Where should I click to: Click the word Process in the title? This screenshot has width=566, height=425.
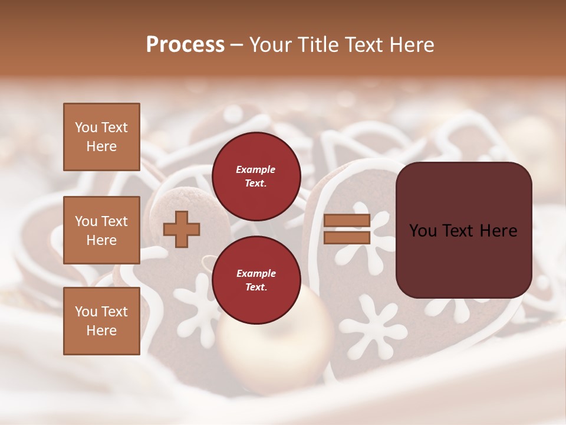pyautogui.click(x=185, y=45)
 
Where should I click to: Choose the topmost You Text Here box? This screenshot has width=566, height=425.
pyautogui.click(x=101, y=137)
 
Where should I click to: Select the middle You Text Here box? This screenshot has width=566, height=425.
pyautogui.click(x=101, y=230)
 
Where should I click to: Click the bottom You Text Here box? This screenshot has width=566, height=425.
pyautogui.click(x=101, y=321)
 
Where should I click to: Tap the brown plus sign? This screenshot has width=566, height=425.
pyautogui.click(x=182, y=229)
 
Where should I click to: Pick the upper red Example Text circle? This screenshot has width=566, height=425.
pyautogui.click(x=256, y=176)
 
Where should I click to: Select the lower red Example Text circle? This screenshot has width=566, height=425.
pyautogui.click(x=256, y=280)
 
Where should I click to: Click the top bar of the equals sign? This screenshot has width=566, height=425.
pyautogui.click(x=347, y=221)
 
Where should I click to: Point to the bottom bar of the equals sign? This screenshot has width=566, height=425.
pyautogui.click(x=347, y=237)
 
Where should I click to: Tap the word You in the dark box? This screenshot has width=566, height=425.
pyautogui.click(x=423, y=231)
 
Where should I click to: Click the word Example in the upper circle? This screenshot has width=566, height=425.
pyautogui.click(x=256, y=169)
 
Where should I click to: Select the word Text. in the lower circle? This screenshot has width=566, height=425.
pyautogui.click(x=256, y=287)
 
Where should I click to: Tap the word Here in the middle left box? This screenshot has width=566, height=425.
pyautogui.click(x=101, y=240)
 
